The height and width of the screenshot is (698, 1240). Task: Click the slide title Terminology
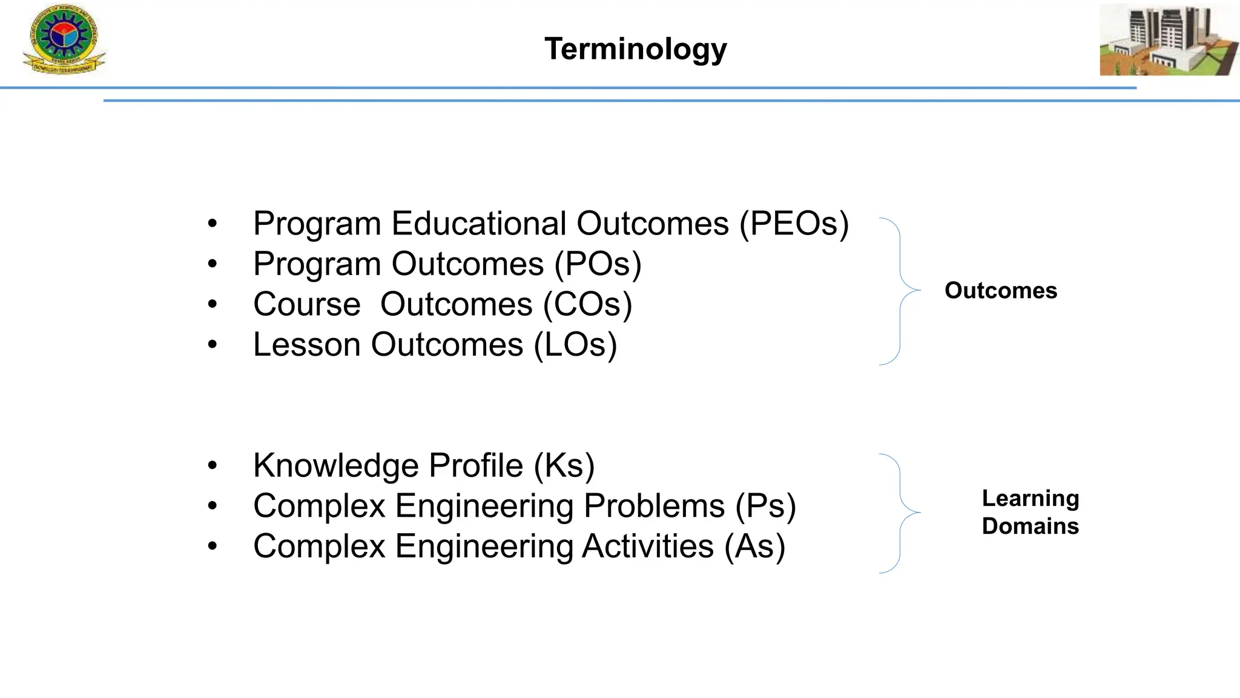635,49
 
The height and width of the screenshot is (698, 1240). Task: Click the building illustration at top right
1168,40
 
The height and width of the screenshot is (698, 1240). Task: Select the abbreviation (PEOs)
794,224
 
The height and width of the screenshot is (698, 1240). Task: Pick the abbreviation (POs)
598,264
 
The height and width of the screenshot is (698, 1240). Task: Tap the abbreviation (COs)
587,304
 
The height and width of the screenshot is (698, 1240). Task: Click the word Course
306,304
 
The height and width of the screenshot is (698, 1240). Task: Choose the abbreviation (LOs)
575,345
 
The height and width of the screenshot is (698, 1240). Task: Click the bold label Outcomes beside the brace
1000,291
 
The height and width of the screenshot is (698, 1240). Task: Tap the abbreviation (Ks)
564,465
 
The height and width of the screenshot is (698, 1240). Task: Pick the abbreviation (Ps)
765,506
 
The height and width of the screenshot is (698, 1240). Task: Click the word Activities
648,547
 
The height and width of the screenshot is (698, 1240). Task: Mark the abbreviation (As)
754,547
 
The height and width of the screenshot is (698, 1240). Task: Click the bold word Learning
1030,499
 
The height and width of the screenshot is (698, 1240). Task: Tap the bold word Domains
1030,526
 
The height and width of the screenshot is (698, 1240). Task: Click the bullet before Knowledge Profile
212,466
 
